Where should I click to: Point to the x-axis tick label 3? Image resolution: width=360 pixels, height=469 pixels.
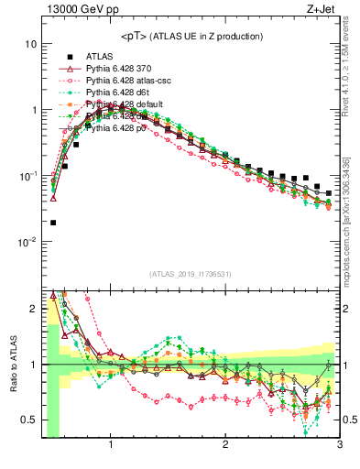point(339,446)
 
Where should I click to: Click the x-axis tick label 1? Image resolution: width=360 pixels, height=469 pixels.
point(111,446)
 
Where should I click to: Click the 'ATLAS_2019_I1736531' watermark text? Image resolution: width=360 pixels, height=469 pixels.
point(191,273)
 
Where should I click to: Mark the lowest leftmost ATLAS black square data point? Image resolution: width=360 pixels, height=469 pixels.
point(53,223)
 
